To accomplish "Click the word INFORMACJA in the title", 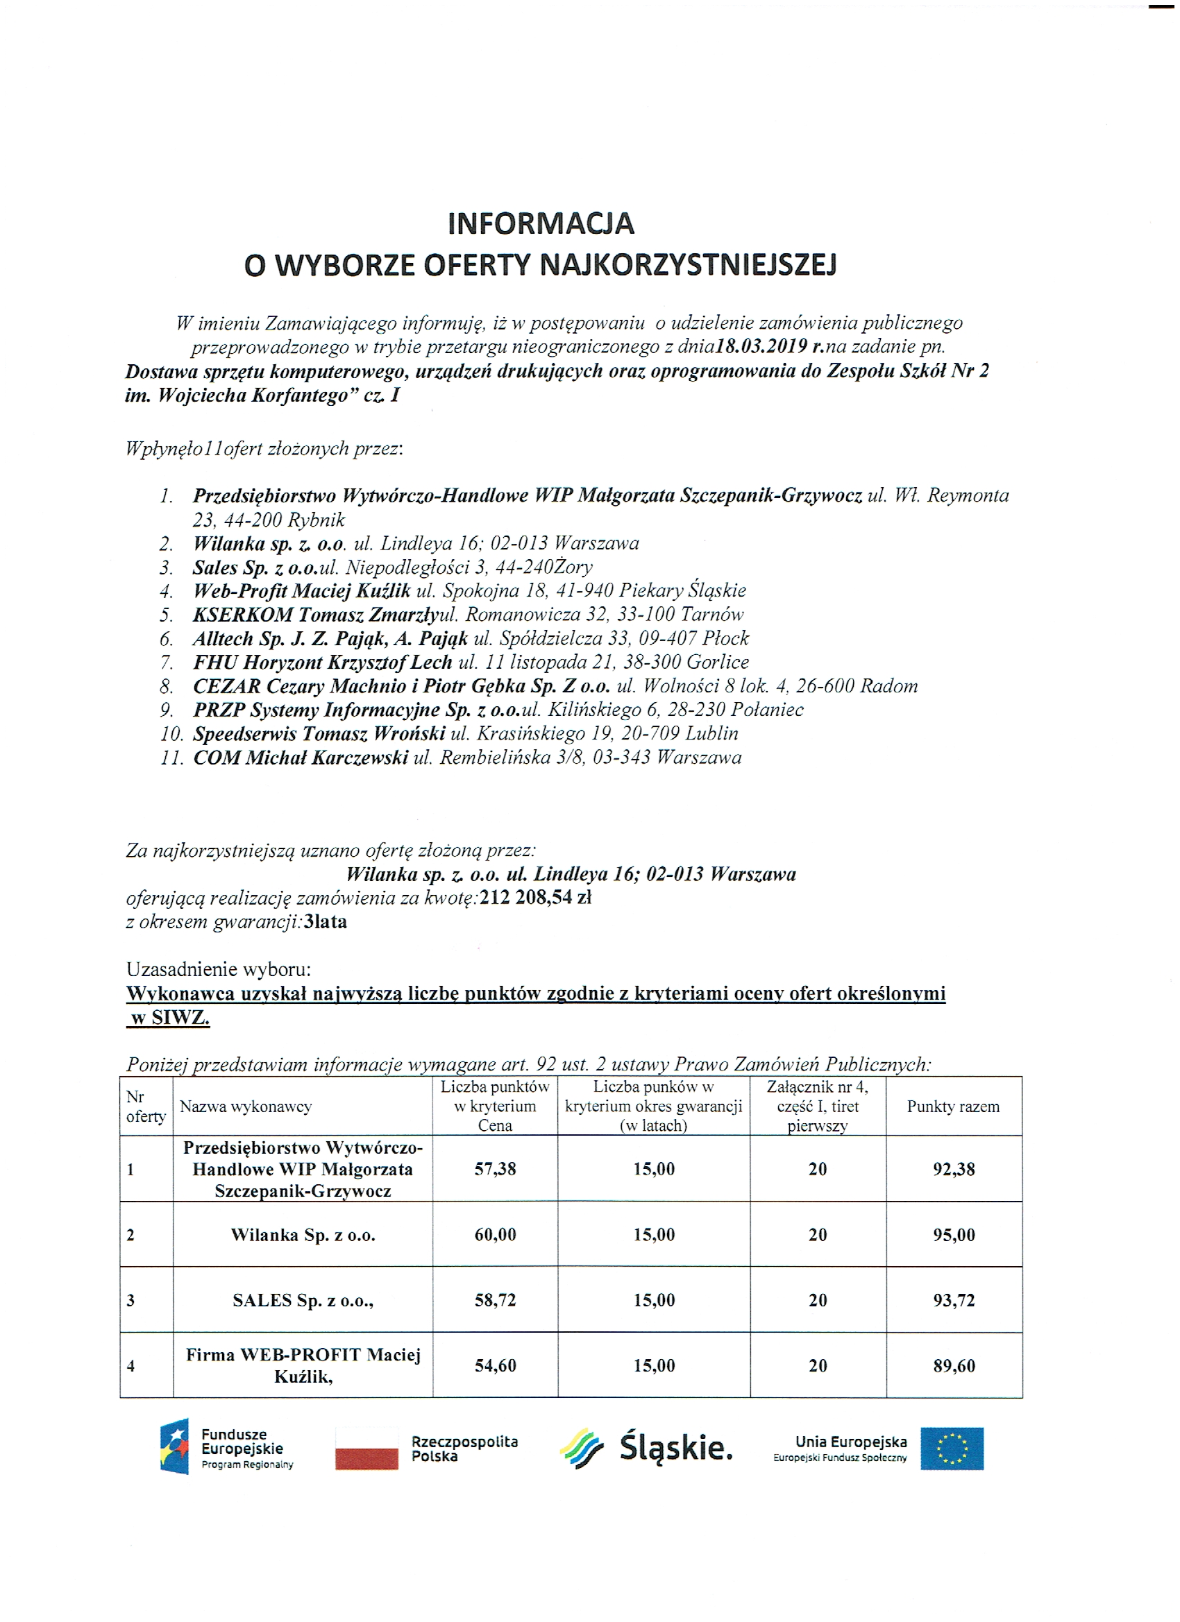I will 540,224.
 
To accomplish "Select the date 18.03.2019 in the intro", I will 761,347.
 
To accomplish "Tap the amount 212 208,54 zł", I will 535,898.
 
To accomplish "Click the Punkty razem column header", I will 953,1107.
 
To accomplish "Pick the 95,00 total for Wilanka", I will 954,1235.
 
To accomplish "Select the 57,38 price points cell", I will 495,1169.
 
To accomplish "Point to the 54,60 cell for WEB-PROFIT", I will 495,1366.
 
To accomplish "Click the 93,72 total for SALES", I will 954,1300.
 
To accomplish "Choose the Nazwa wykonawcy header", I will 246,1107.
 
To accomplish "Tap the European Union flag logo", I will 952,1449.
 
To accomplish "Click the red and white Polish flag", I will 366,1449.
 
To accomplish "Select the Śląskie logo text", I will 675,1447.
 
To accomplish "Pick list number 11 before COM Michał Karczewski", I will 171,758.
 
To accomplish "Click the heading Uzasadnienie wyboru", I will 218,970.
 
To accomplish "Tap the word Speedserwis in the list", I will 245,734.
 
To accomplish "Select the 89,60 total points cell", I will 954,1366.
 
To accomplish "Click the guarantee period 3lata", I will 326,922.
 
